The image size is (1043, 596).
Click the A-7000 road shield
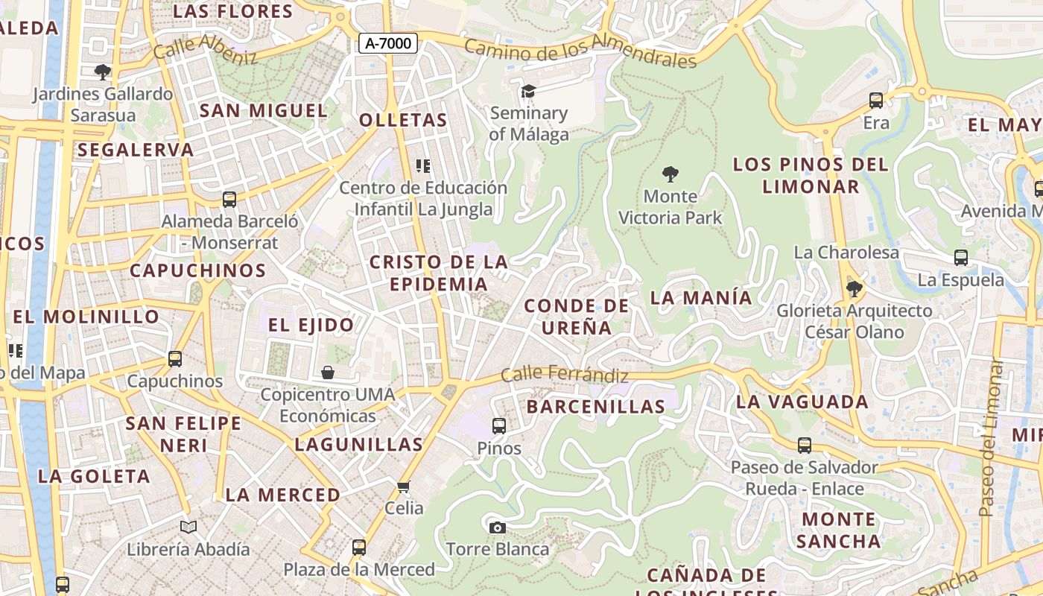click(x=388, y=43)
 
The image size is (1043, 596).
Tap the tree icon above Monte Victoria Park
click(x=670, y=174)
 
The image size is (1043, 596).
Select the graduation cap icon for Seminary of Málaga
click(x=528, y=91)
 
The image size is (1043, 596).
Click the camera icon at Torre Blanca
click(x=497, y=527)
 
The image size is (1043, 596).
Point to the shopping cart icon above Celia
click(x=404, y=487)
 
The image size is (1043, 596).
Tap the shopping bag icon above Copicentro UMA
click(x=328, y=372)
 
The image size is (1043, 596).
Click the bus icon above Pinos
click(x=499, y=426)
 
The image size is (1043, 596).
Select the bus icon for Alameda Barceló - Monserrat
click(x=229, y=200)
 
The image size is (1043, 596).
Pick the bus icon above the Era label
click(x=876, y=100)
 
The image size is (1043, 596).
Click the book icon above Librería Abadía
click(x=188, y=527)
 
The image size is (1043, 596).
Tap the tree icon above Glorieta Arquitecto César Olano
click(x=855, y=288)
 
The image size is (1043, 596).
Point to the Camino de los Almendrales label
click(x=580, y=53)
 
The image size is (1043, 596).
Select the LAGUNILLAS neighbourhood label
click(x=359, y=445)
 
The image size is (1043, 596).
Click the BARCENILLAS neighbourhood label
click(x=595, y=407)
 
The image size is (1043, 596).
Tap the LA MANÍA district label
click(x=701, y=297)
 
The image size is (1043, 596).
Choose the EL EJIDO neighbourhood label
click(x=311, y=325)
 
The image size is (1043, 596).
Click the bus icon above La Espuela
click(x=961, y=258)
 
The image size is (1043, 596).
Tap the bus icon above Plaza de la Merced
click(x=359, y=548)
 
